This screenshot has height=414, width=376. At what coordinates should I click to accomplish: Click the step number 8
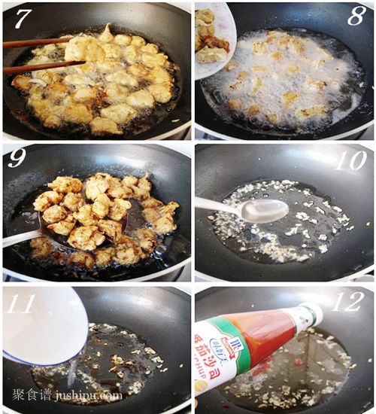(x=355, y=17)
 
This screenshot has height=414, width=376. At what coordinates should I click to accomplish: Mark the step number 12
(x=350, y=302)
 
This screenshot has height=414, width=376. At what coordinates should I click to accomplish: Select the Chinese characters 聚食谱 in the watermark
(x=31, y=394)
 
